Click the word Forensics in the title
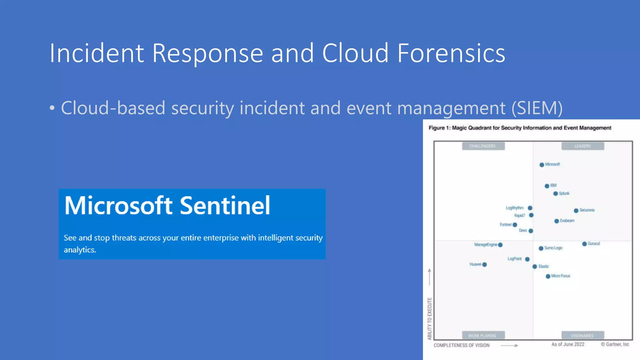(451, 53)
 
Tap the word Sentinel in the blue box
(225, 206)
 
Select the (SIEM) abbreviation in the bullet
(537, 108)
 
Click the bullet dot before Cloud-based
(52, 108)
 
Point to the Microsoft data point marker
(542, 165)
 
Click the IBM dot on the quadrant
(547, 186)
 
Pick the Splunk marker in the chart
(555, 194)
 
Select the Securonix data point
(576, 211)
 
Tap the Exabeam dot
(557, 221)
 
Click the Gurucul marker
(584, 244)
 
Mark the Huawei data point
(484, 265)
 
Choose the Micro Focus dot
(548, 276)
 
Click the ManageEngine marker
(500, 245)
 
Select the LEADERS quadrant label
(582, 146)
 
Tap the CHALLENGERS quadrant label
(483, 146)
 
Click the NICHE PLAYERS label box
(483, 335)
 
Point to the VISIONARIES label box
(582, 335)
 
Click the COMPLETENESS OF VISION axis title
(462, 345)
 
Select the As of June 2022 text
(568, 344)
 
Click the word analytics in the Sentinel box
(80, 250)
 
